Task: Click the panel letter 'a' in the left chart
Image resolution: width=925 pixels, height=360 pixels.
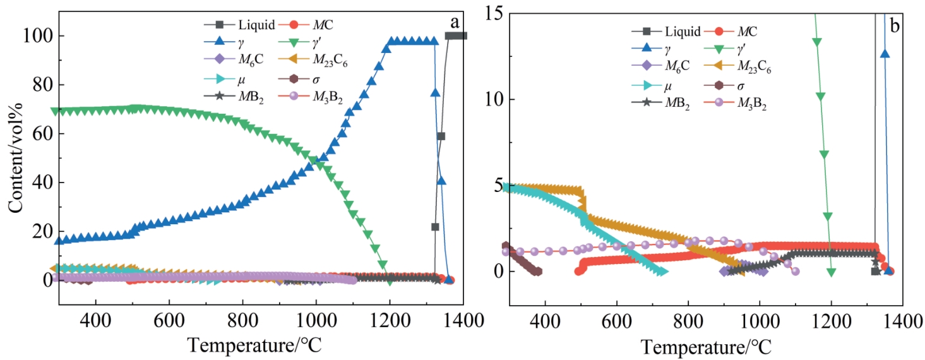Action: point(454,22)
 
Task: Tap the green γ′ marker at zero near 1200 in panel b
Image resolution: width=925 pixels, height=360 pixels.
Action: point(832,272)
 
